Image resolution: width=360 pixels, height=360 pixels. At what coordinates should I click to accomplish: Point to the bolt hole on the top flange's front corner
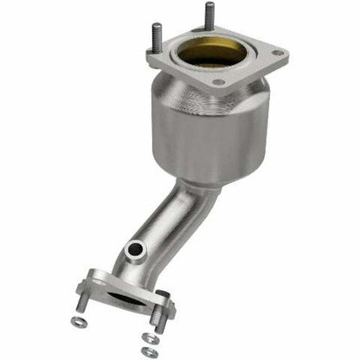217,83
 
